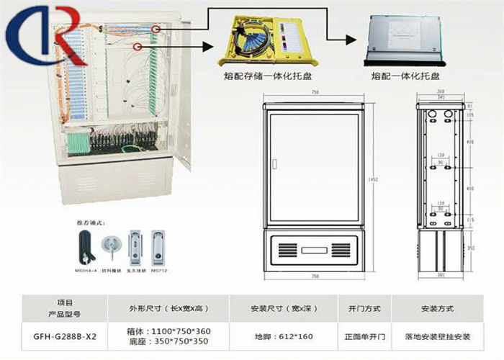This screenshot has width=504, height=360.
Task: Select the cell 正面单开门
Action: point(366,336)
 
